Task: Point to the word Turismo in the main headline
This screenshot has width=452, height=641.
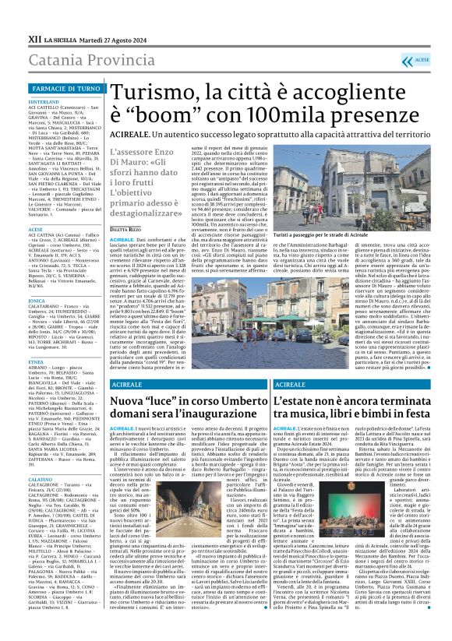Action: click(147, 94)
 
